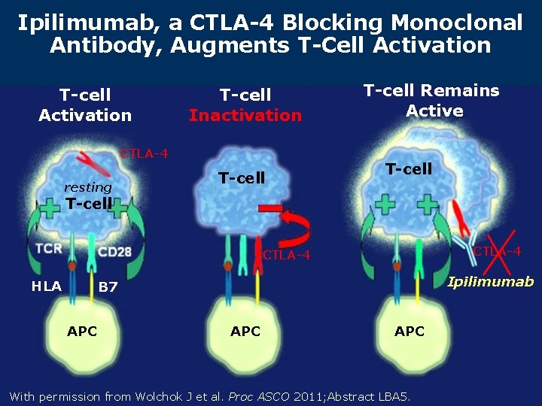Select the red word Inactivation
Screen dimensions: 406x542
(x=245, y=115)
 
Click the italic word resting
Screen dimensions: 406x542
(x=88, y=187)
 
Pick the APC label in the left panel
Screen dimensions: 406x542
(x=82, y=331)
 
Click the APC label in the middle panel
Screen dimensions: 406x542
(x=245, y=331)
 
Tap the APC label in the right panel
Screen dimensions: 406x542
(x=410, y=331)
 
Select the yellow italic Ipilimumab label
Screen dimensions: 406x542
(x=490, y=282)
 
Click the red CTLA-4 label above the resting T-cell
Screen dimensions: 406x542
(x=144, y=155)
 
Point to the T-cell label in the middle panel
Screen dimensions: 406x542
(x=241, y=178)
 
